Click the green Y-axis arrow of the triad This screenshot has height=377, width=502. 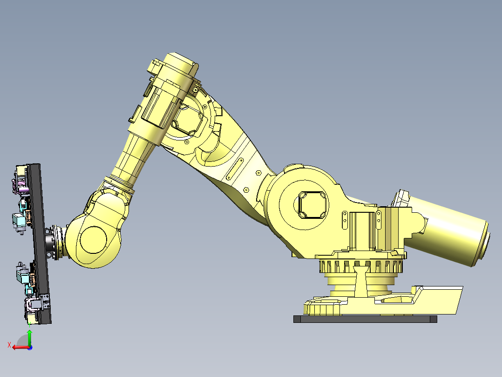click(29, 336)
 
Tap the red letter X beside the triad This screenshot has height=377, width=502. click(9, 345)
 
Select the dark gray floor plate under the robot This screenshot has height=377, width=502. click(365, 319)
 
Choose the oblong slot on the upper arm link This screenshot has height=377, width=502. click(235, 169)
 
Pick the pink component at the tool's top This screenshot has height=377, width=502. click(21, 188)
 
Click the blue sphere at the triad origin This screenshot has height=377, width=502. click(29, 347)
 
